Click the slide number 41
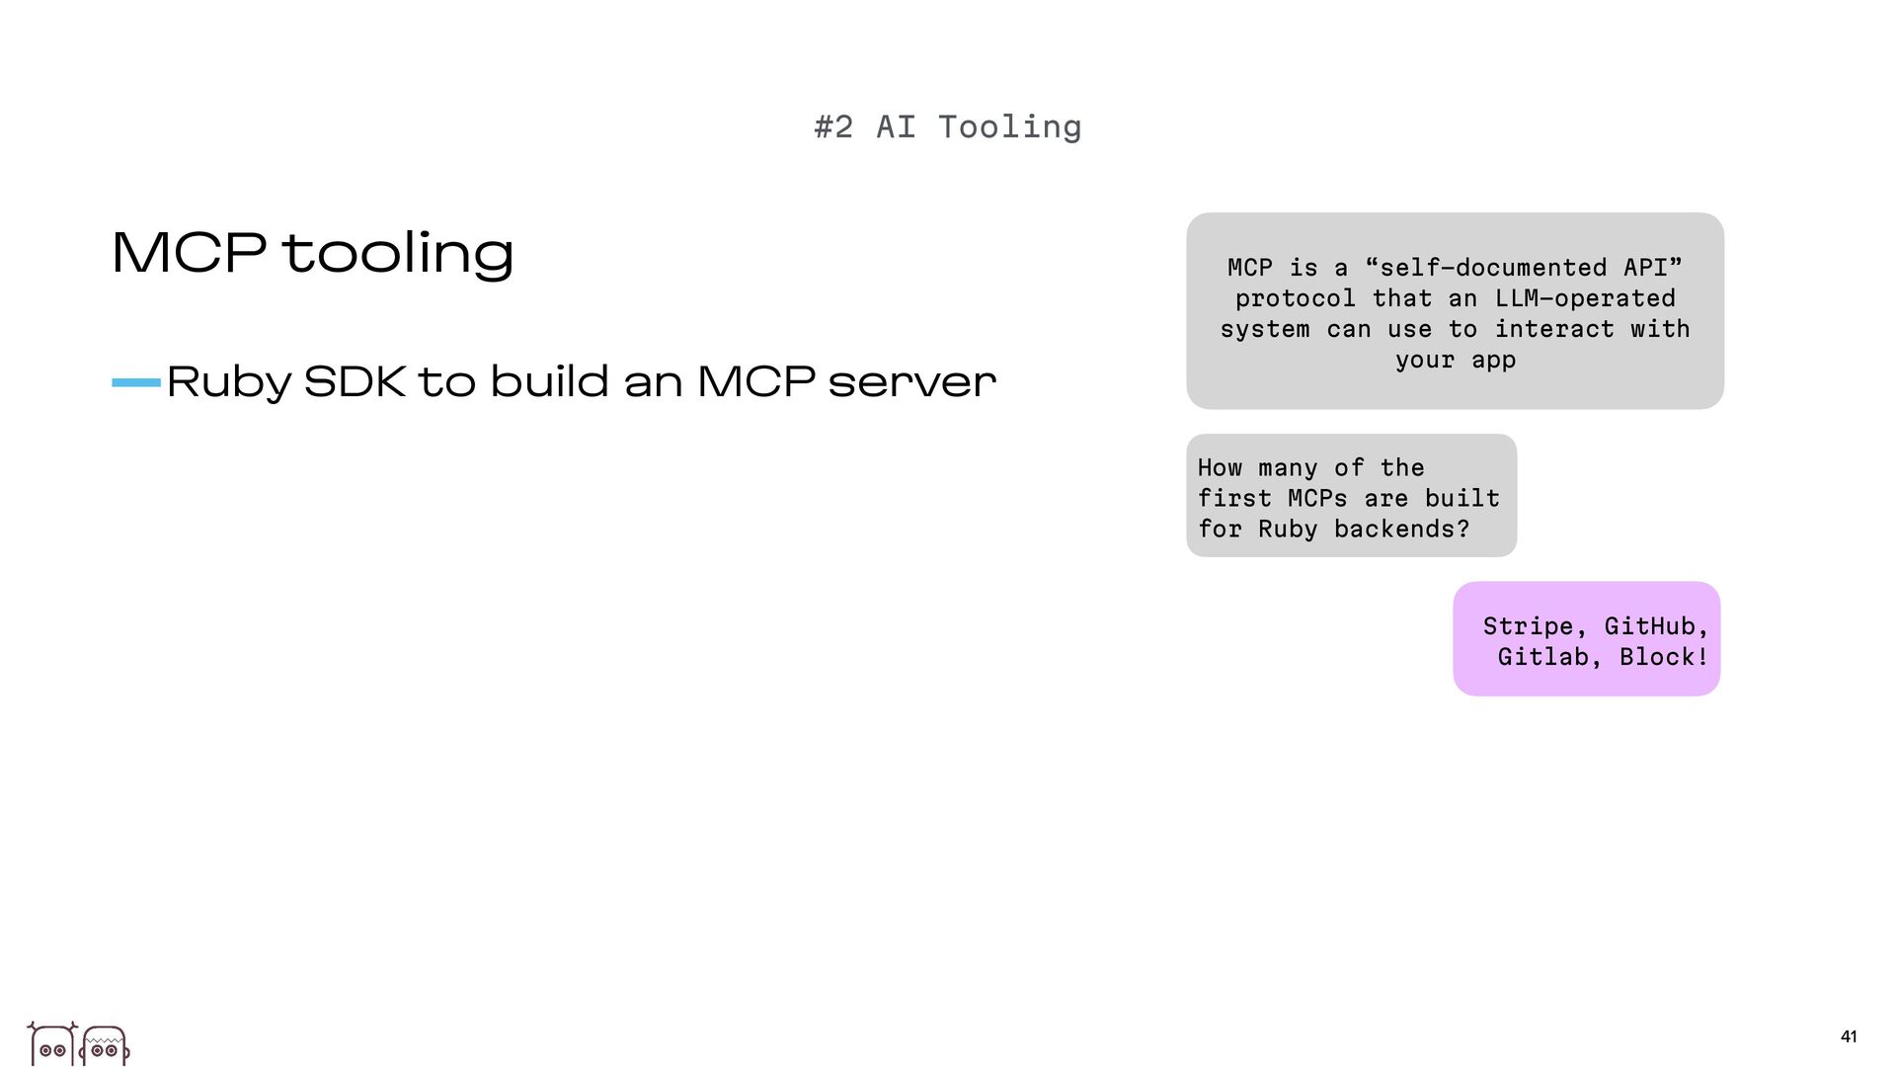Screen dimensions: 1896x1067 [1849, 1036]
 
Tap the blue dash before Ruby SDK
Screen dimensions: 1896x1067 [136, 382]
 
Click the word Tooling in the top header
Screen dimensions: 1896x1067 [1009, 127]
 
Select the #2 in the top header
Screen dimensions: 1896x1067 [833, 127]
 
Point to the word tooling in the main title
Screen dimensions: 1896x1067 [398, 253]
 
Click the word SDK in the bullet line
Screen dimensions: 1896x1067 [355, 381]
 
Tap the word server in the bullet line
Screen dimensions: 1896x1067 [911, 382]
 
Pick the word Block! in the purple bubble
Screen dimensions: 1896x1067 [1664, 657]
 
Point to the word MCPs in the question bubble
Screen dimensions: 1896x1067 [1317, 499]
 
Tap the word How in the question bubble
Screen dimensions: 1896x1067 [1220, 468]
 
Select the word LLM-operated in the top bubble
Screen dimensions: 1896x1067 [1585, 298]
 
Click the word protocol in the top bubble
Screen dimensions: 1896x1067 [1295, 298]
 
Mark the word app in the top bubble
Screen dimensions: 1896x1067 [1493, 360]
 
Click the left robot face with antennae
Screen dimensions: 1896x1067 [52, 1044]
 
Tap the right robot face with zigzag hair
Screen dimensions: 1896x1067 [105, 1045]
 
